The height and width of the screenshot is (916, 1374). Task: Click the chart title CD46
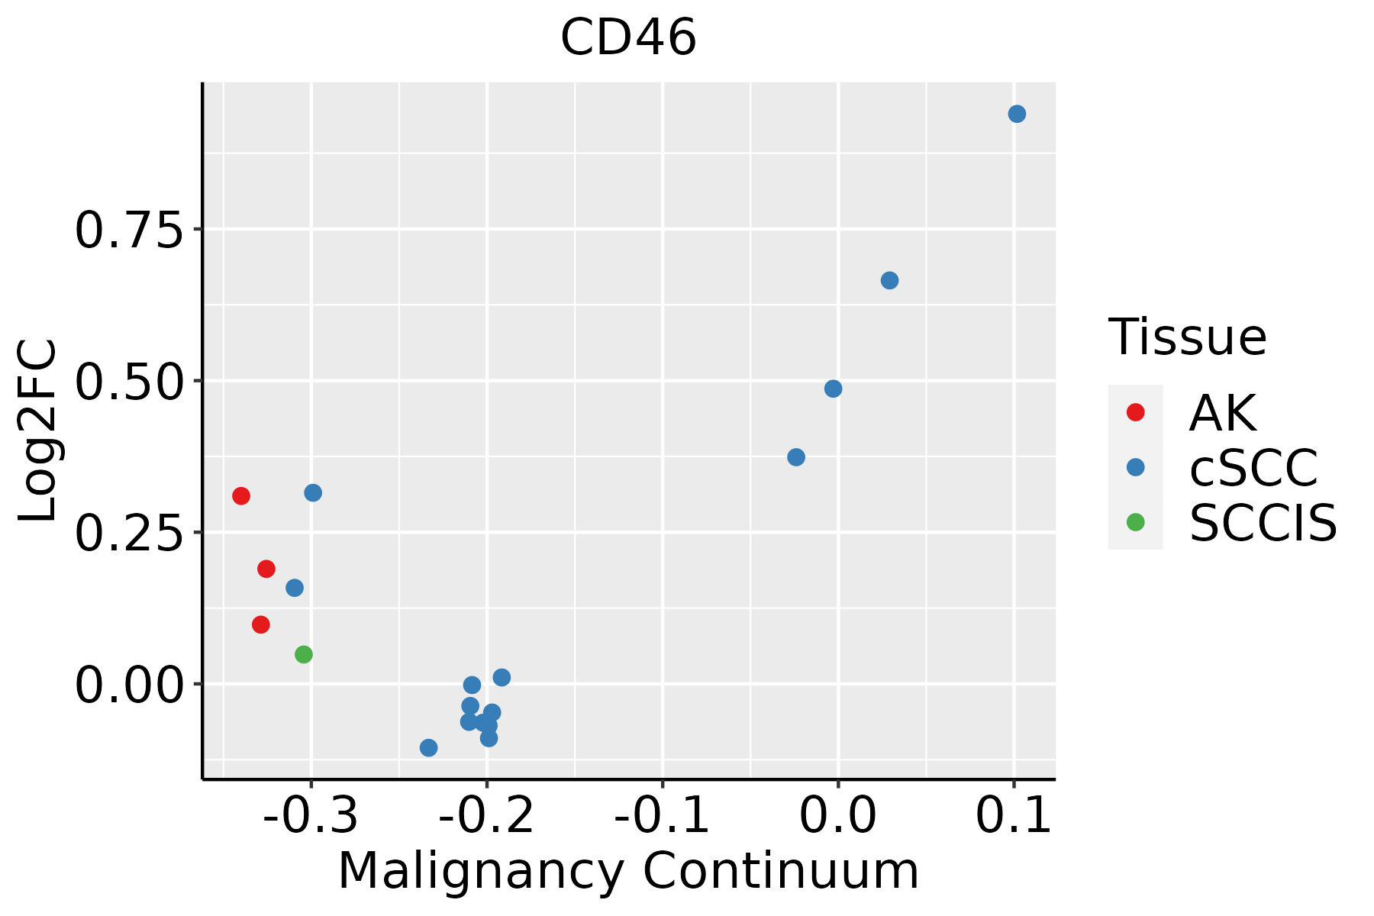tap(628, 38)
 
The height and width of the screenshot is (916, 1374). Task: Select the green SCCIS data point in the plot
tap(304, 654)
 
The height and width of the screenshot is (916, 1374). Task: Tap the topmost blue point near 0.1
tap(1017, 114)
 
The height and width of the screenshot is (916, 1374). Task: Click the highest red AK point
tap(241, 496)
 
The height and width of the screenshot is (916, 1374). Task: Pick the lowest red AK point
tap(261, 624)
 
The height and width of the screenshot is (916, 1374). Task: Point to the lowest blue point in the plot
tap(429, 747)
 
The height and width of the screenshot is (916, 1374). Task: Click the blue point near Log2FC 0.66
tap(889, 280)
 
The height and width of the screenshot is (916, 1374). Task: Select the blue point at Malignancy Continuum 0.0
tap(833, 389)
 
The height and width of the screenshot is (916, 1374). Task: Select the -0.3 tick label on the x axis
tap(311, 816)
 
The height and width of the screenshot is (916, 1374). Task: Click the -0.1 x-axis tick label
tap(662, 816)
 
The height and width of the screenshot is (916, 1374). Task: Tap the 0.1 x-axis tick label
tap(1014, 816)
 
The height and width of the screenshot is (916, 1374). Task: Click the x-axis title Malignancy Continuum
tap(628, 871)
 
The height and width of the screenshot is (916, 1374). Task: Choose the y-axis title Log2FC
tap(38, 431)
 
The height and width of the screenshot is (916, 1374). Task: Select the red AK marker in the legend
tap(1135, 412)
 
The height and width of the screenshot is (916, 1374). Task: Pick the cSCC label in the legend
tap(1253, 467)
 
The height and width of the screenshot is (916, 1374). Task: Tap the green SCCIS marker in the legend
tap(1135, 522)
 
